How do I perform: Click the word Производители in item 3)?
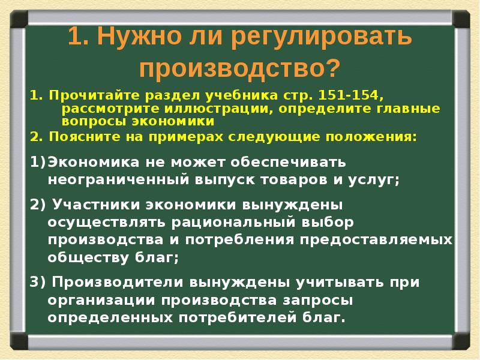(115, 282)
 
